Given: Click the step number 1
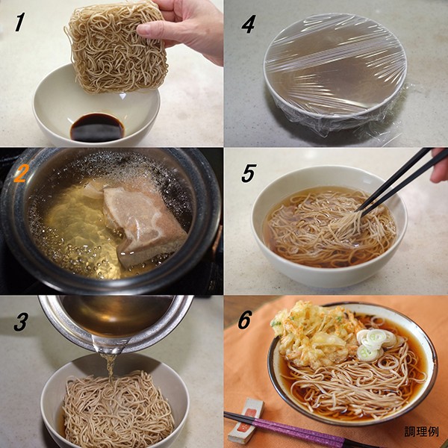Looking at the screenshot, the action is click(19, 22).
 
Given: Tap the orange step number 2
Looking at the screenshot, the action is click(20, 173).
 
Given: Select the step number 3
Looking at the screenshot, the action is click(21, 322).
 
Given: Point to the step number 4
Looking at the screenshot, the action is click(249, 25).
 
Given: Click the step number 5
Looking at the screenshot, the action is click(249, 173).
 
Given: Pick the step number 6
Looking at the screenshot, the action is click(245, 320).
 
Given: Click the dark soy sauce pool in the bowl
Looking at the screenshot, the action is click(97, 128).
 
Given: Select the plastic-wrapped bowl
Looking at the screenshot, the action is click(335, 74).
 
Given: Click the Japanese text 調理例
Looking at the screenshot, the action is click(421, 432).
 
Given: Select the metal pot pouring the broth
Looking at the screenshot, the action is click(116, 323).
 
